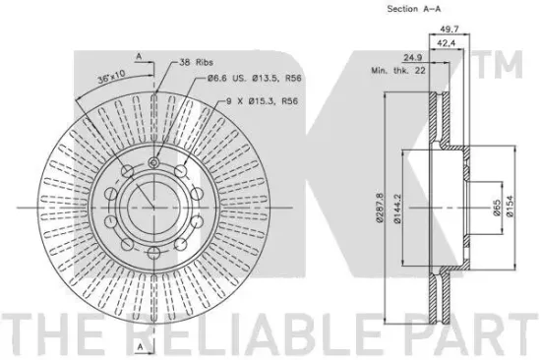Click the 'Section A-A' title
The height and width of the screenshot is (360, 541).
[414, 9]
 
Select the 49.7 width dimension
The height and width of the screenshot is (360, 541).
[450, 30]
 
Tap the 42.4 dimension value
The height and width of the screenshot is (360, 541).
[447, 43]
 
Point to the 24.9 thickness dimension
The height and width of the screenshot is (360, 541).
[413, 57]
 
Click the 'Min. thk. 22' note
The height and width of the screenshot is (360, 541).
[398, 71]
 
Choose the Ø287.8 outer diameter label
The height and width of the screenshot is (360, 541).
[380, 208]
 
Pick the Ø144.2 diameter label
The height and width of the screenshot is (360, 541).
[397, 209]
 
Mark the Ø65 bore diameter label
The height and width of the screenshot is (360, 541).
[497, 208]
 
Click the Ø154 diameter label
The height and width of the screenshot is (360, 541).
[511, 206]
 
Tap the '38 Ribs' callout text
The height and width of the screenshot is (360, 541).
[196, 63]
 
